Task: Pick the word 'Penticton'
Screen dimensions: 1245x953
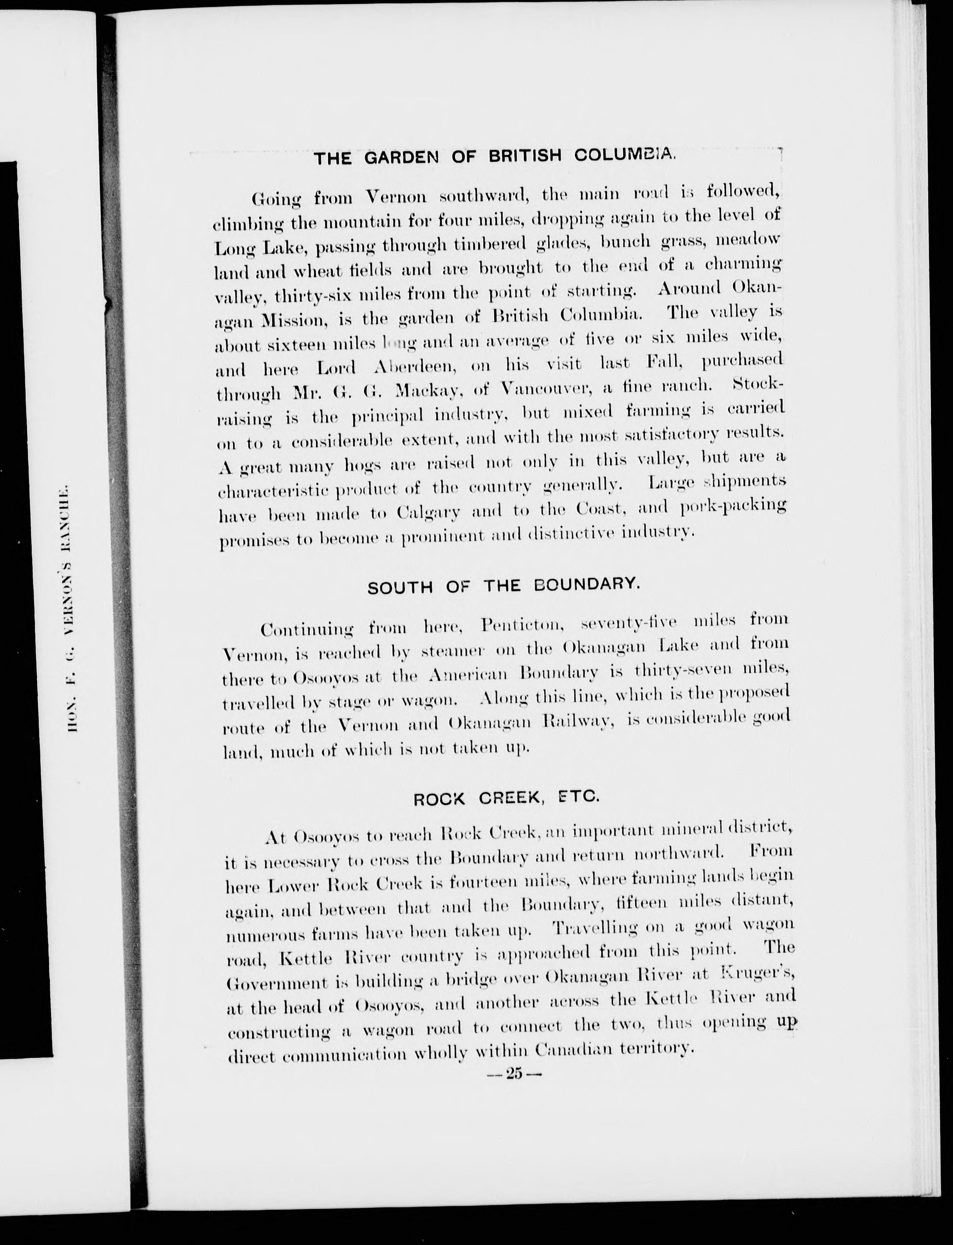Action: coord(521,625)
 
